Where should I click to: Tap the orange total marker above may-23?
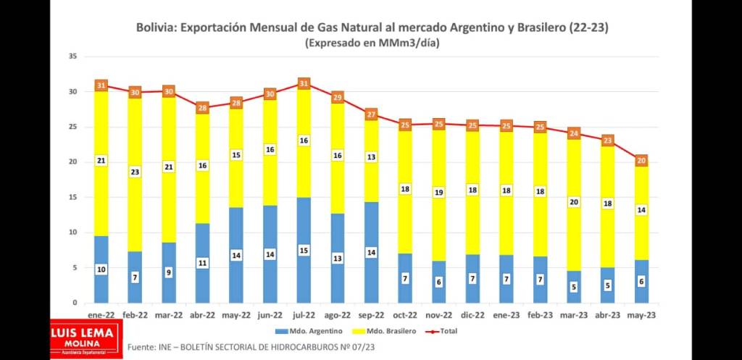tap(641, 160)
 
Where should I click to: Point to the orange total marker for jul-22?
tap(304, 83)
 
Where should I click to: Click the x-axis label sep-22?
tap(371, 315)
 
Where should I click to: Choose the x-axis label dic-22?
tap(472, 315)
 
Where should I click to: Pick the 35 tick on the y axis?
tap(72, 56)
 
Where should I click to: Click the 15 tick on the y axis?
tap(72, 197)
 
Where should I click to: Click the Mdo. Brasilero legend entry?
tap(388, 331)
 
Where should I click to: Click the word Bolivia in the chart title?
tap(156, 28)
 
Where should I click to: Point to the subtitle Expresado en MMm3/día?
tap(372, 43)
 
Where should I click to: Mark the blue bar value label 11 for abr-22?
tap(203, 263)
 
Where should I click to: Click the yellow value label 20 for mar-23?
tap(574, 202)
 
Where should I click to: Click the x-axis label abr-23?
tap(607, 315)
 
